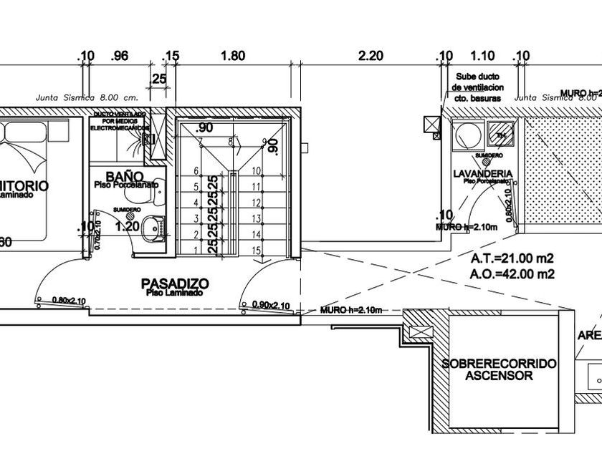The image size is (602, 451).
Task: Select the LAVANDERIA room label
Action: click(482, 174)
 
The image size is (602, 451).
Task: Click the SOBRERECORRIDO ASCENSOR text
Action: click(499, 369)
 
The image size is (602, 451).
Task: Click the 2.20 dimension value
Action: click(371, 56)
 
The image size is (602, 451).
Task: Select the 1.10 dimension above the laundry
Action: click(483, 56)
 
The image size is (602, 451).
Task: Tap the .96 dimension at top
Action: click(119, 56)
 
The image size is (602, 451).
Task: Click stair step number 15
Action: click(256, 249)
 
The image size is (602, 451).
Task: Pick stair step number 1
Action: click(196, 249)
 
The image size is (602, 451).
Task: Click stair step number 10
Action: click(256, 171)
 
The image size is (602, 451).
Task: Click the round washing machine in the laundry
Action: click(468, 134)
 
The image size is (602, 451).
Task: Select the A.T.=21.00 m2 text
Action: click(503, 258)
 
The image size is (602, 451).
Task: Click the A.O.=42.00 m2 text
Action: click(503, 273)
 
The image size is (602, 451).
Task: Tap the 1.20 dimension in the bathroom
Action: click(127, 227)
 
